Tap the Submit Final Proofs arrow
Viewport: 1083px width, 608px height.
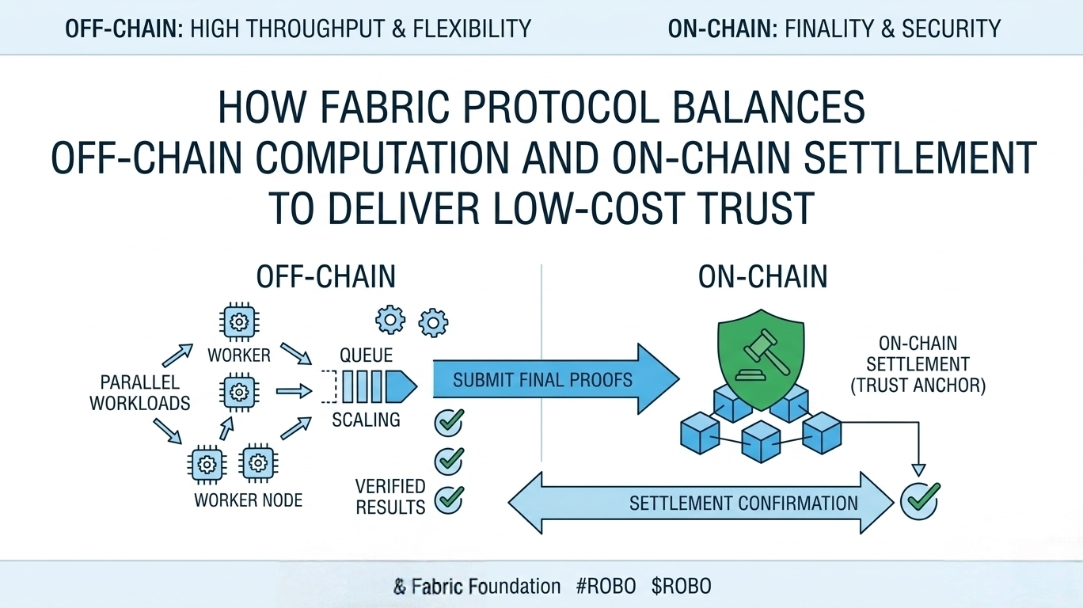[x=554, y=380]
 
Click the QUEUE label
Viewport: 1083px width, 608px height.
[x=366, y=356]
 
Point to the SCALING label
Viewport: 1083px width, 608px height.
[x=366, y=420]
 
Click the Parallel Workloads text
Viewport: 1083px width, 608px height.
[x=139, y=393]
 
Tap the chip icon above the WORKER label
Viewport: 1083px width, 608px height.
[x=238, y=322]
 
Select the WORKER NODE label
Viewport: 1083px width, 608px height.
[x=248, y=500]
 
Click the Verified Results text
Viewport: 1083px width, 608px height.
[x=390, y=496]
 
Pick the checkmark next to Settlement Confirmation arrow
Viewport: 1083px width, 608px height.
[x=919, y=500]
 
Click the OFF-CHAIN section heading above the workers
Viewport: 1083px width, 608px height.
[x=326, y=277]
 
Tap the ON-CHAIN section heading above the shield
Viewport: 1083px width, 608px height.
[x=763, y=277]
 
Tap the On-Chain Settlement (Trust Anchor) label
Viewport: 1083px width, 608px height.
[x=918, y=365]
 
